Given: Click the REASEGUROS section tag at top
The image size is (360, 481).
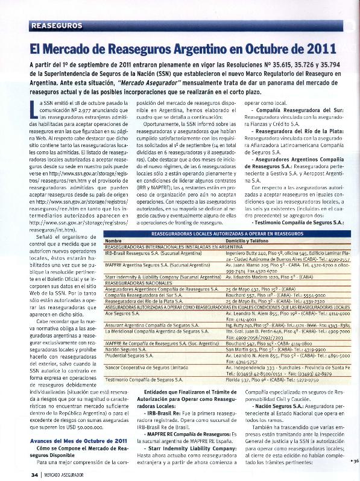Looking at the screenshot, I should [55, 25].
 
